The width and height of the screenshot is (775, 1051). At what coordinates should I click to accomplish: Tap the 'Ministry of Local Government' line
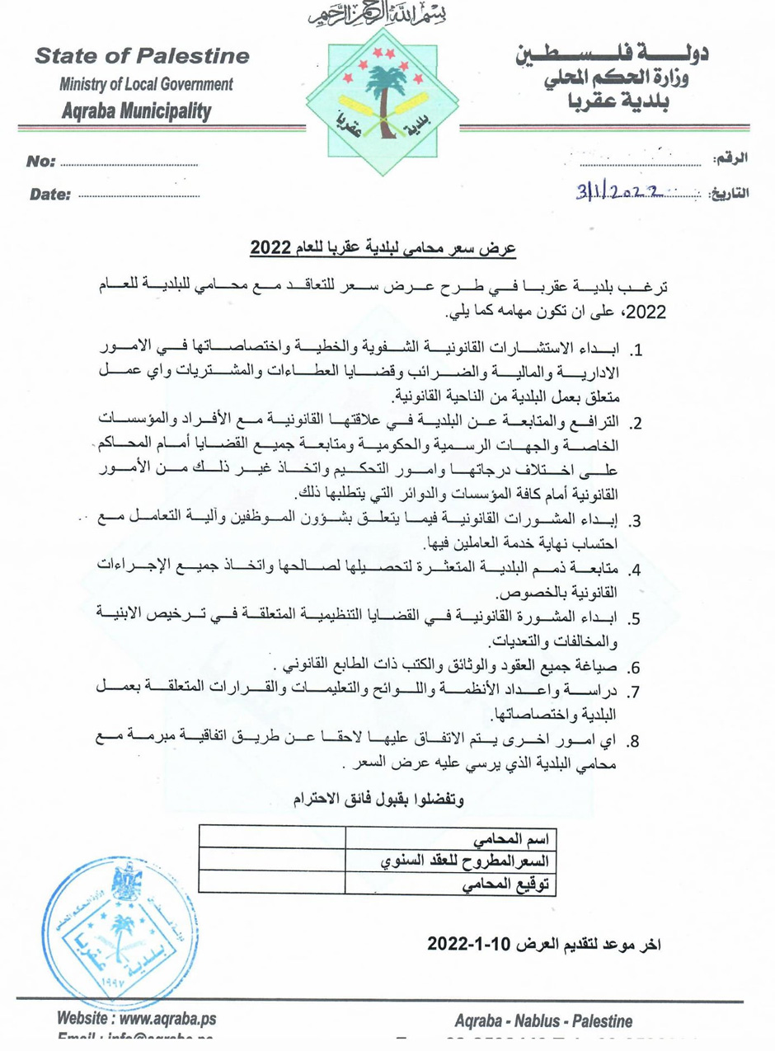(x=145, y=84)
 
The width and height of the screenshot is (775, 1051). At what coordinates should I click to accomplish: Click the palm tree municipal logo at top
(x=387, y=98)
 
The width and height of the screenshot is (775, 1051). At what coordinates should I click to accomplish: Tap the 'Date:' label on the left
(x=50, y=195)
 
